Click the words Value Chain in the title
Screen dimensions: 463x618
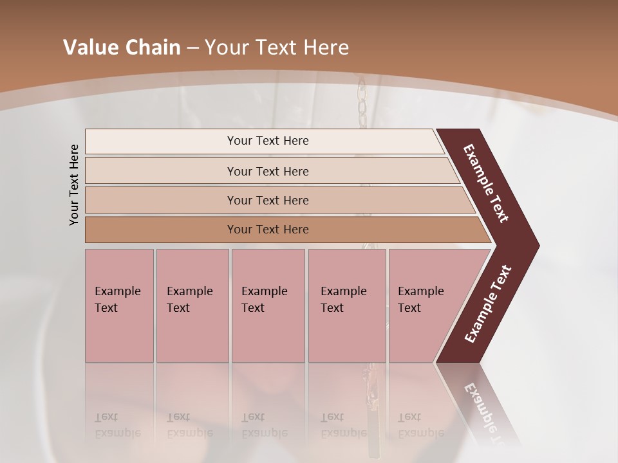tap(122, 48)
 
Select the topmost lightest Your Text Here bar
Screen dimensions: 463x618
tap(267, 141)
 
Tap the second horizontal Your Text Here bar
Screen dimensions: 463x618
tap(267, 171)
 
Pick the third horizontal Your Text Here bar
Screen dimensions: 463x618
tap(267, 200)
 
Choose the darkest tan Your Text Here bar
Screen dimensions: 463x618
tap(267, 230)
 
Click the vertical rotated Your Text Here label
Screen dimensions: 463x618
tap(74, 185)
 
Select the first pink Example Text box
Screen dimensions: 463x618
tap(119, 305)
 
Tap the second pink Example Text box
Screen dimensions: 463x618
tap(192, 305)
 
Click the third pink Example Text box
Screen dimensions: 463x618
tap(268, 305)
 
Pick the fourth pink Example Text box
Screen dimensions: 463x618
tap(346, 305)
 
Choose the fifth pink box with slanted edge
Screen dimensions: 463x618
tap(425, 305)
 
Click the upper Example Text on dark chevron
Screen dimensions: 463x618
tap(486, 183)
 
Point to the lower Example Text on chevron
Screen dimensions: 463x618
tap(487, 304)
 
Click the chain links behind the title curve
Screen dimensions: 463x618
tap(362, 103)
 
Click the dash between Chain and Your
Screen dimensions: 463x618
tap(192, 48)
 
